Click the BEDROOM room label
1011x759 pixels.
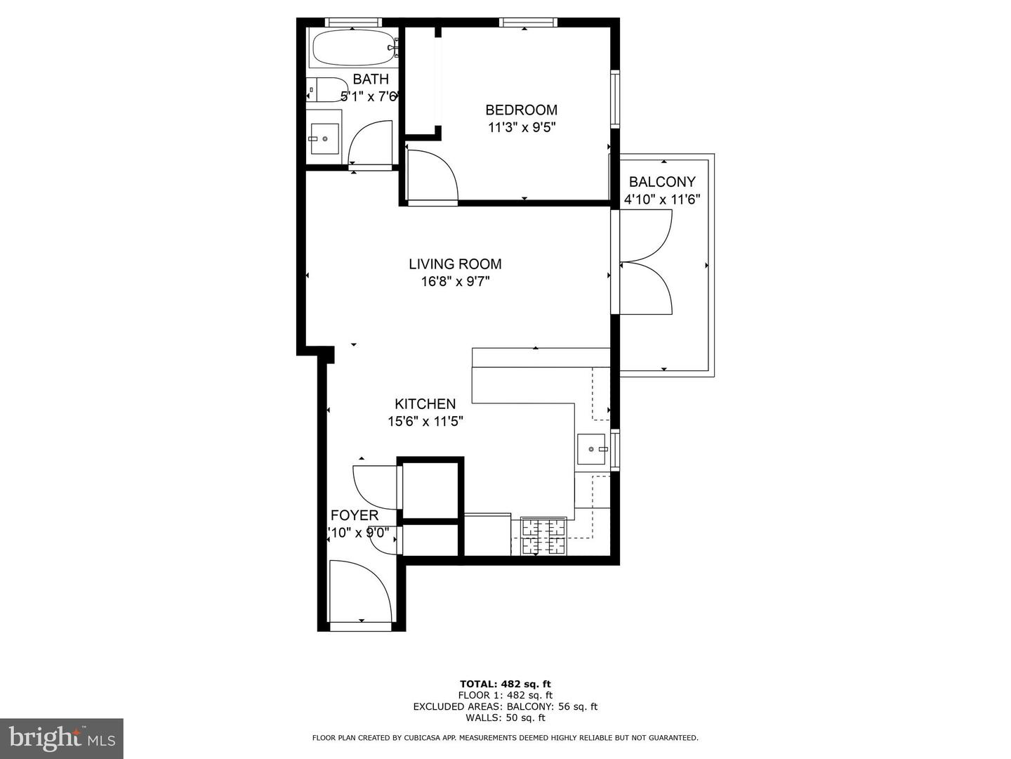point(521,110)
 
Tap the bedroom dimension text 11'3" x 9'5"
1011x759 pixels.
point(521,128)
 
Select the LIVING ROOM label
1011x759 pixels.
point(455,264)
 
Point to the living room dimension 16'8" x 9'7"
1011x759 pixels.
point(455,282)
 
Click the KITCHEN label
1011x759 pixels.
point(425,404)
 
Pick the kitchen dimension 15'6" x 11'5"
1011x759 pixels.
point(425,422)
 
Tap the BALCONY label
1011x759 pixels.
point(661,181)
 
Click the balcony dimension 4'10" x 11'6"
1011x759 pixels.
point(661,200)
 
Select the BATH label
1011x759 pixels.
point(370,79)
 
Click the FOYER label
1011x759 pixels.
point(354,516)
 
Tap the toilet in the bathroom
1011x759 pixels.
point(325,90)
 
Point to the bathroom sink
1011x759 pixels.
point(324,138)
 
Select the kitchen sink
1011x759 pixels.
point(591,449)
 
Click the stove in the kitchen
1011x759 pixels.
point(543,536)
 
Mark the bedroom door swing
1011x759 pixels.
point(431,176)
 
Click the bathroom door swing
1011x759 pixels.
point(370,144)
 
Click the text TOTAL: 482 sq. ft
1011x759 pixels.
point(505,684)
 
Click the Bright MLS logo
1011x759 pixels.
point(62,738)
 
